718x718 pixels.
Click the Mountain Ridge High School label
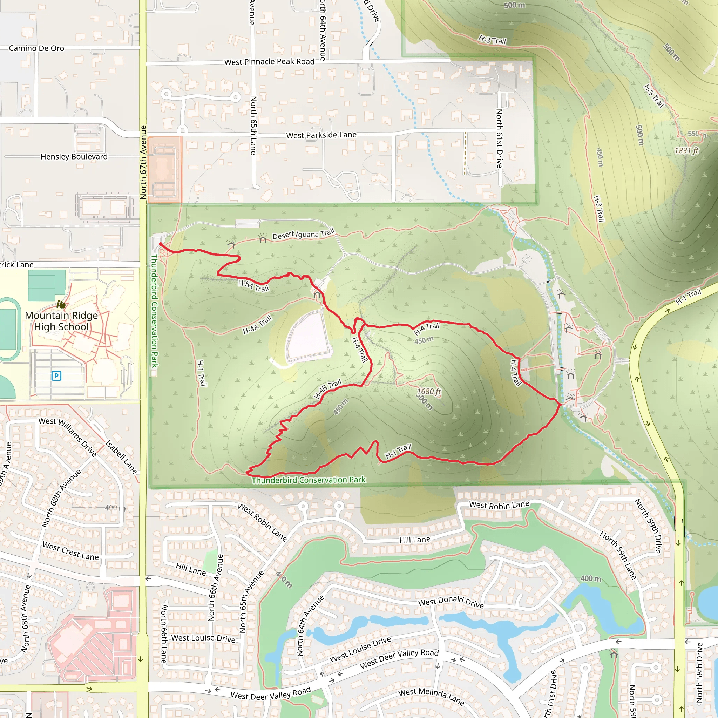61,321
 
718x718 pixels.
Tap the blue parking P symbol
56,376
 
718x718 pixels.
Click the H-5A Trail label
253,286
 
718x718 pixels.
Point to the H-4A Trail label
257,324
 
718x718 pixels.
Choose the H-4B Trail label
328,389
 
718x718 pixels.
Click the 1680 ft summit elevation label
428,391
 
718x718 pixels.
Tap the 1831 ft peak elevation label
686,150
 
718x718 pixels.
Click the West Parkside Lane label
321,135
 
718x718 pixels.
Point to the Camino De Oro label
36,48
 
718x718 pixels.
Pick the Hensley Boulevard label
74,156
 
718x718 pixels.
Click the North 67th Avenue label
143,162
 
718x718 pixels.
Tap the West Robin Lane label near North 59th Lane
499,505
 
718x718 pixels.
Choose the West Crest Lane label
70,551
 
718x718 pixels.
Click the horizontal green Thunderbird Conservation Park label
309,480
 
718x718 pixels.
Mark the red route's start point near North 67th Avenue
161,244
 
